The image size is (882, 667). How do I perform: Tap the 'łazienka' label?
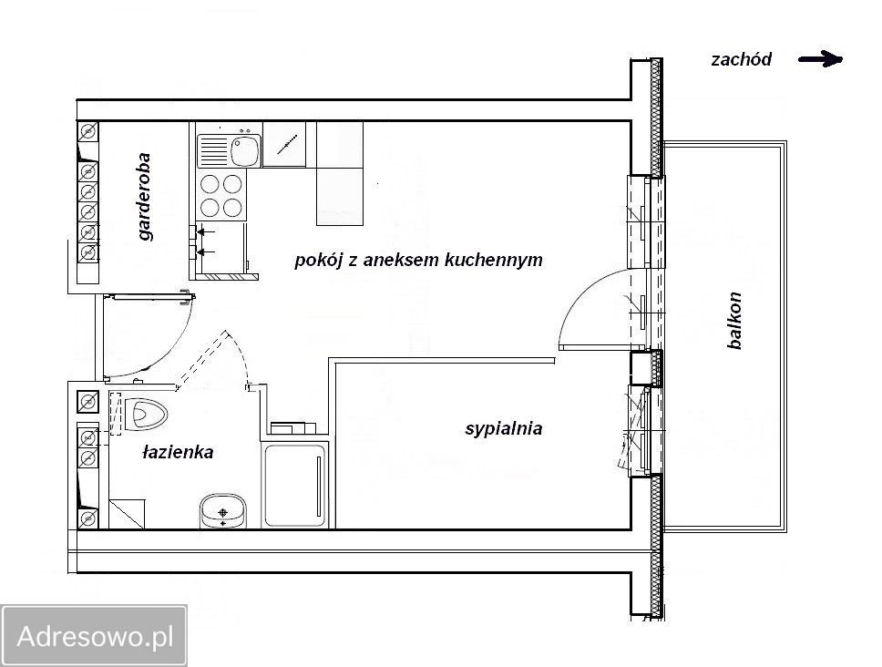tap(178, 452)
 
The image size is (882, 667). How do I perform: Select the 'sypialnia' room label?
tap(503, 428)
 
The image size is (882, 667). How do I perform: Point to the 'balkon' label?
tap(735, 320)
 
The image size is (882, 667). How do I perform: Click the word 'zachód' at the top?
tap(741, 60)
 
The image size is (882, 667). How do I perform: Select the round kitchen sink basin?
tap(244, 149)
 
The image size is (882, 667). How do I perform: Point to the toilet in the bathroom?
tap(149, 416)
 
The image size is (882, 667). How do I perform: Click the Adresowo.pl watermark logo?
tap(94, 635)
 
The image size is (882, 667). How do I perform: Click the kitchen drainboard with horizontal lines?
tap(211, 149)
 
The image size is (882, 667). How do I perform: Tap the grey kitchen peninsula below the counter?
tap(339, 196)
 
